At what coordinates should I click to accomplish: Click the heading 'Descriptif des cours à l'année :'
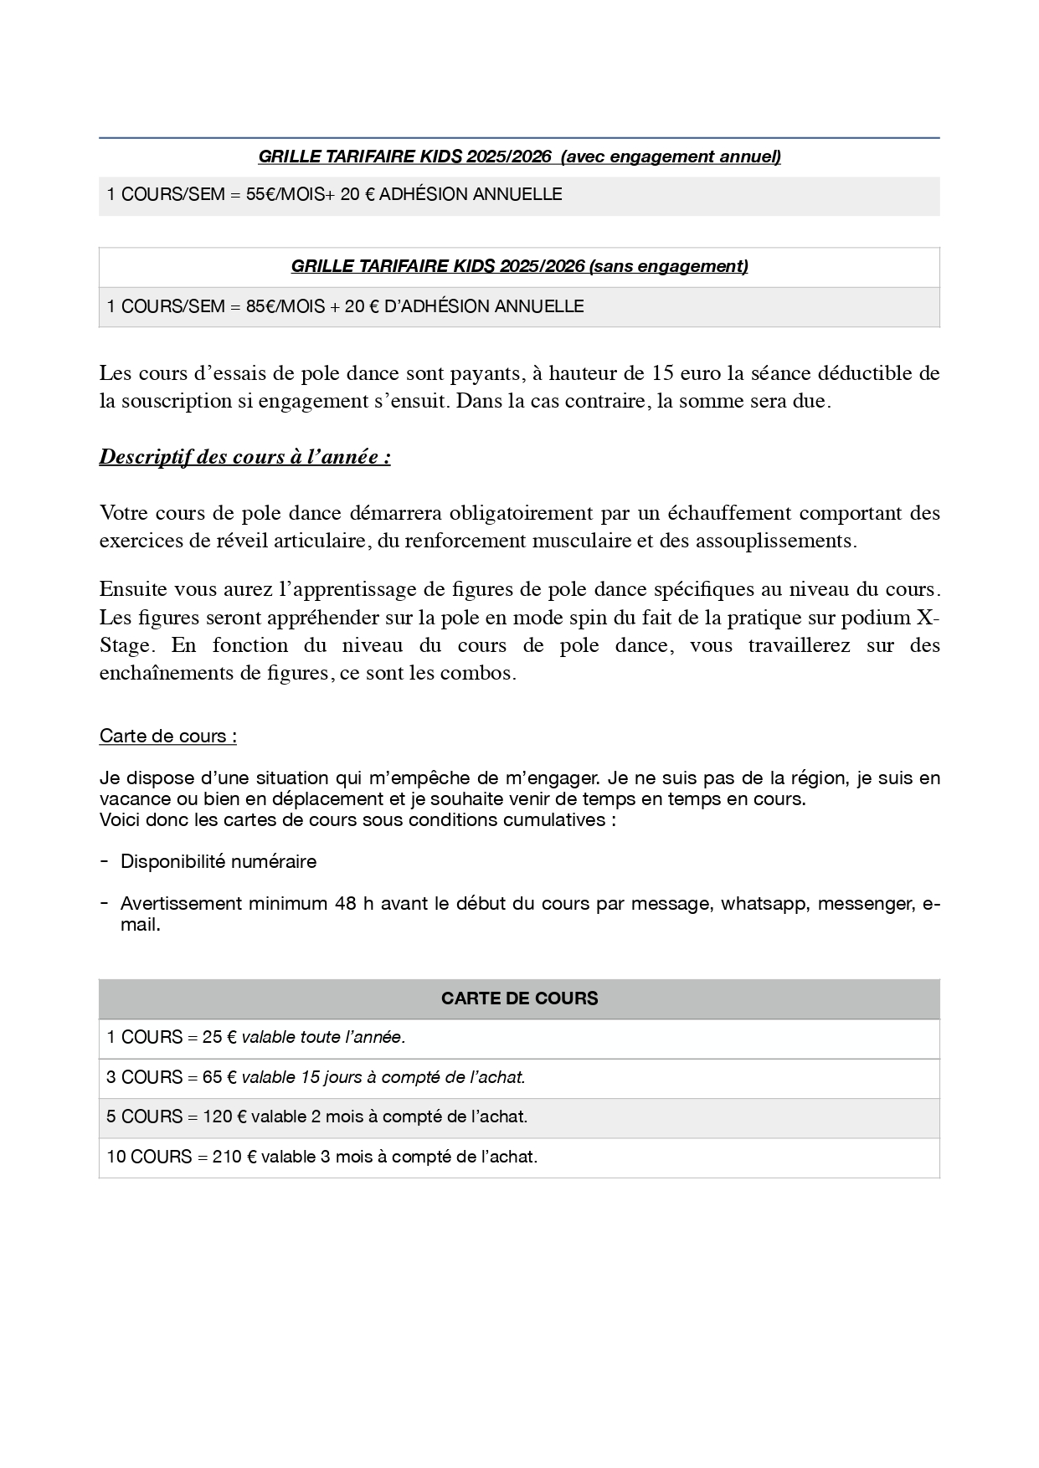pos(244,458)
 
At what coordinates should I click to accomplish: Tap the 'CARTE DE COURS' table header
pos(519,998)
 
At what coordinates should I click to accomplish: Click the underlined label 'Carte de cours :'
pos(167,737)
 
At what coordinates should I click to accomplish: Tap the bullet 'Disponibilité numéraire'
pos(219,862)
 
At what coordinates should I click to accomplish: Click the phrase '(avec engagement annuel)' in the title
pos(671,157)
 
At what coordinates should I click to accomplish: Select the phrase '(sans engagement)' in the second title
pos(668,266)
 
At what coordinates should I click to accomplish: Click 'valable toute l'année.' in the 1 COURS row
pos(323,1038)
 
